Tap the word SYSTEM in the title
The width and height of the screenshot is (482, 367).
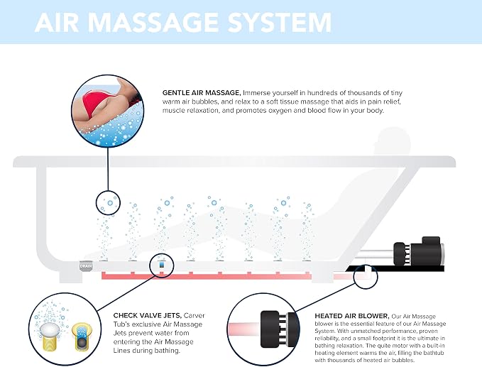pyautogui.click(x=280, y=22)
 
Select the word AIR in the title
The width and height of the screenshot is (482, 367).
pyautogui.click(x=57, y=22)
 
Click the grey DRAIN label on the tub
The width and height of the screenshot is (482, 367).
pyautogui.click(x=86, y=266)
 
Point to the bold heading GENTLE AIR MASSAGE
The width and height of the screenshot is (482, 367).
pyautogui.click(x=202, y=92)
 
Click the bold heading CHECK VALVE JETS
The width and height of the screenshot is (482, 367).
pyautogui.click(x=148, y=315)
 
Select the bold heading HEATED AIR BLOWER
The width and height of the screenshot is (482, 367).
pyautogui.click(x=352, y=316)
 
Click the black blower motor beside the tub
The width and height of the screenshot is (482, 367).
pyautogui.click(x=419, y=251)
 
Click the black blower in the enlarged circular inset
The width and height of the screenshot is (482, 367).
pyautogui.click(x=278, y=329)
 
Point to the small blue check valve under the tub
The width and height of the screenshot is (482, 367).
pyautogui.click(x=162, y=264)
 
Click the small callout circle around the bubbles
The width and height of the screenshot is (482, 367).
pyautogui.click(x=108, y=203)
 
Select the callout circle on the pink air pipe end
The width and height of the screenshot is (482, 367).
pyautogui.click(x=365, y=276)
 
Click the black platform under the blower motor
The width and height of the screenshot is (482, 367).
pyautogui.click(x=395, y=269)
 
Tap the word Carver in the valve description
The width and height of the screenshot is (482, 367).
pyautogui.click(x=195, y=315)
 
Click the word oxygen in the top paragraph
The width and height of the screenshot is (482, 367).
pyautogui.click(x=280, y=110)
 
